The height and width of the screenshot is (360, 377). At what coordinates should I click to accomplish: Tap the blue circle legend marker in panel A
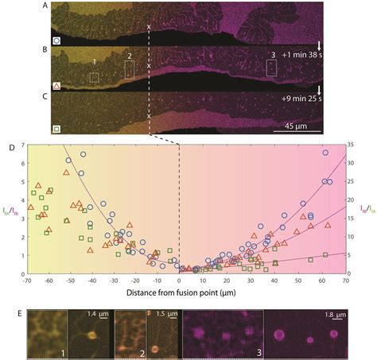coord(34,37)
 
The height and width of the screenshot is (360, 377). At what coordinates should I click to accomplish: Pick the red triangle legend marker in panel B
coord(34,83)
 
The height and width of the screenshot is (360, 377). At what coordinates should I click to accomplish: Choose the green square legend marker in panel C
coord(34,127)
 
